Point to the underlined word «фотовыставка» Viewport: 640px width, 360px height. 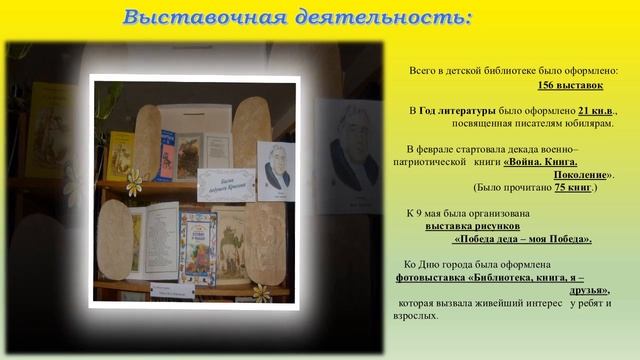[434, 277]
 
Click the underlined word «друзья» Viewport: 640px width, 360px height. [587, 290]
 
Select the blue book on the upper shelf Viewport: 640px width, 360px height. [165, 155]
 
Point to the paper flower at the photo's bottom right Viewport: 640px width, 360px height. [262, 292]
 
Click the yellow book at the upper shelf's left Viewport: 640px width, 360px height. [120, 154]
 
